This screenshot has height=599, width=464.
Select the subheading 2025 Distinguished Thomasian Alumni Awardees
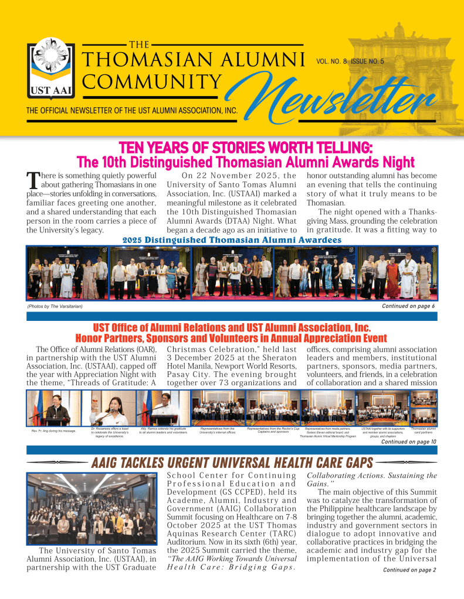(232, 239)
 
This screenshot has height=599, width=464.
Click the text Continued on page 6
(408, 306)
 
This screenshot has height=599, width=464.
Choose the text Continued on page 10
(408, 442)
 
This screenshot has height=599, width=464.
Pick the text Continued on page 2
(409, 570)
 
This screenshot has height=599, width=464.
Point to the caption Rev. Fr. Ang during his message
(53, 431)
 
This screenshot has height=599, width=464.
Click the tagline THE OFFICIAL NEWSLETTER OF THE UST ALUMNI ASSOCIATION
(131, 110)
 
